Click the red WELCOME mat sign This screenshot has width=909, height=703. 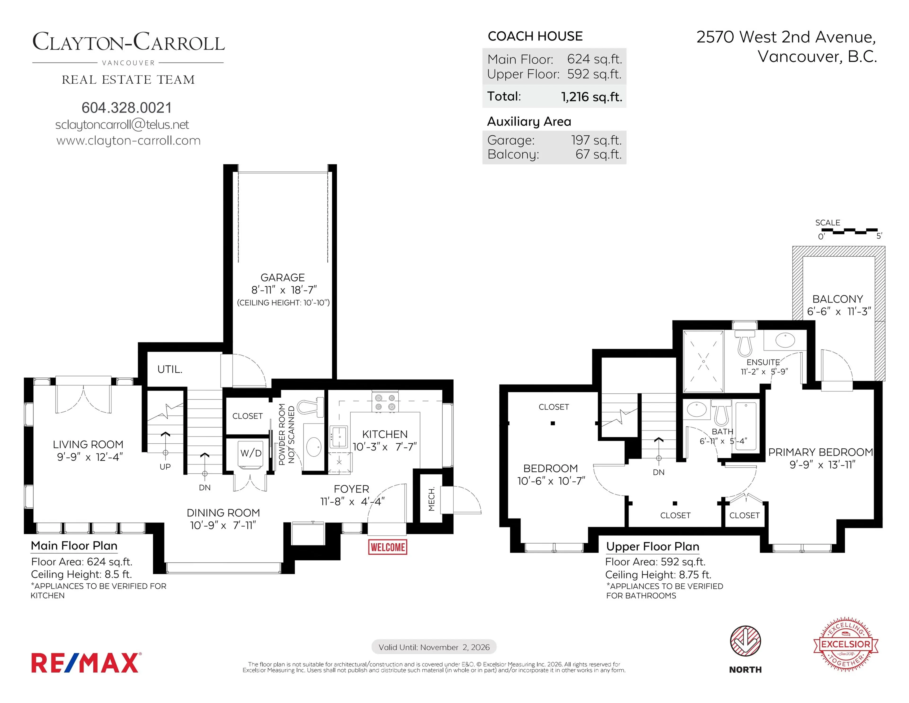pyautogui.click(x=388, y=547)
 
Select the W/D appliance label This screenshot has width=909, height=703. pyautogui.click(x=251, y=453)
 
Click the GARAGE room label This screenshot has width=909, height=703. pyautogui.click(x=283, y=277)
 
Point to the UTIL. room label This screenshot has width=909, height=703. pyautogui.click(x=170, y=370)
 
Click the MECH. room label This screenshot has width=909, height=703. pyautogui.click(x=432, y=499)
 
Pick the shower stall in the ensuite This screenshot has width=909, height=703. pyautogui.click(x=703, y=361)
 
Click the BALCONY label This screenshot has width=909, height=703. pyautogui.click(x=838, y=299)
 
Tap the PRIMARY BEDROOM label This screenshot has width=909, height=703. pyautogui.click(x=820, y=452)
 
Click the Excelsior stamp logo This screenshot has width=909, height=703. pyautogui.click(x=846, y=644)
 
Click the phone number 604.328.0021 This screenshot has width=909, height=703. pyautogui.click(x=127, y=108)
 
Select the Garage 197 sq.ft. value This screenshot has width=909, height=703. pyautogui.click(x=596, y=140)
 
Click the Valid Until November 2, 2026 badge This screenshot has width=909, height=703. pyautogui.click(x=434, y=647)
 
